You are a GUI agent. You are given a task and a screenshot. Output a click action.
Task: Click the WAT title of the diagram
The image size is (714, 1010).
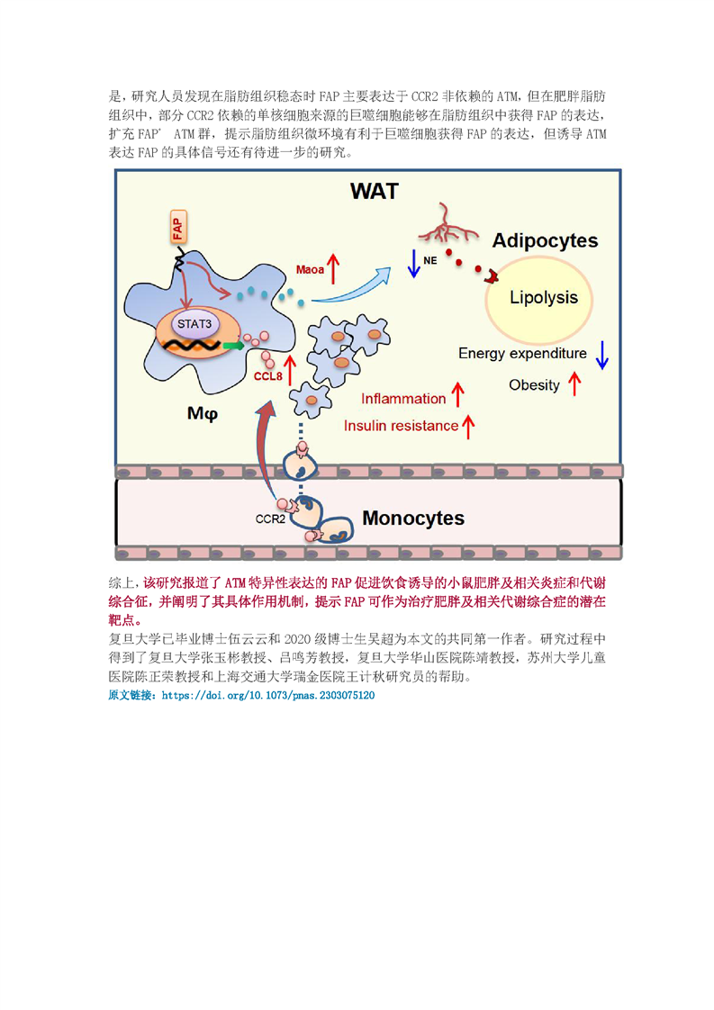pos(375,191)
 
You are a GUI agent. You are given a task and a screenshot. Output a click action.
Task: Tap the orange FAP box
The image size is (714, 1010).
pos(178,226)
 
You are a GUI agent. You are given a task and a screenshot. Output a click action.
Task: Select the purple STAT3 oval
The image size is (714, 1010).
pos(194,324)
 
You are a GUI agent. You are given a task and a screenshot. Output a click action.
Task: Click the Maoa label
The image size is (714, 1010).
pos(310,270)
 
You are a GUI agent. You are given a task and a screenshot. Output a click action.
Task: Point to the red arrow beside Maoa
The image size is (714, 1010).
pos(333,268)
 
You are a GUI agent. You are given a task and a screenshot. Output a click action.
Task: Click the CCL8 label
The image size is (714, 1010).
pos(268,376)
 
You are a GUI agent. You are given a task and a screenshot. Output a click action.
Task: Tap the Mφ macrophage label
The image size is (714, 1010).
pos(203,413)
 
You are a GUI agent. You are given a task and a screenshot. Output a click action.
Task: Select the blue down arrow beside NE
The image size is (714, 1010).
pos(413,264)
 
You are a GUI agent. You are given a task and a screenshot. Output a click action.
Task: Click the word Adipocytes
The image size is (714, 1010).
pos(545,240)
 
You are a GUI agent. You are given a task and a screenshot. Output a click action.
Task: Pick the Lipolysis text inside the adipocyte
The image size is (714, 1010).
pos(544,298)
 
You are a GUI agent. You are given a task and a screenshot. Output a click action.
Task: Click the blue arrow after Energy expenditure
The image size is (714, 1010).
pos(601,355)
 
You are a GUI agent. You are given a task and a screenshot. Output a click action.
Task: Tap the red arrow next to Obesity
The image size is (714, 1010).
pos(574,383)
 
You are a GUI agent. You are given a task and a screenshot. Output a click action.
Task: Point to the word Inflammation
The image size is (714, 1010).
pos(403,399)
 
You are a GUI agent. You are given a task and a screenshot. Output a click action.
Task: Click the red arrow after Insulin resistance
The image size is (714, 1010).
pos(468,427)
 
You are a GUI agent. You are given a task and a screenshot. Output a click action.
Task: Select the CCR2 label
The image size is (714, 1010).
pos(270,519)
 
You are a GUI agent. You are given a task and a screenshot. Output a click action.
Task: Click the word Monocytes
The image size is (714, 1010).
pos(413,518)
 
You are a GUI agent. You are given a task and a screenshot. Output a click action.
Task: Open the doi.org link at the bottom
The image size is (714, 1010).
pos(268,696)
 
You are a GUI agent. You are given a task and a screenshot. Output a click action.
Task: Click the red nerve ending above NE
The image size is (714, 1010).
pos(447,225)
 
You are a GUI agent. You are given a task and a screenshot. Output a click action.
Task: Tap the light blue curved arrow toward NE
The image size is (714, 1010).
pos(351,287)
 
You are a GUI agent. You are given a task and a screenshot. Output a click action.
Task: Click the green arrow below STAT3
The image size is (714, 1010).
pos(233,346)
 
